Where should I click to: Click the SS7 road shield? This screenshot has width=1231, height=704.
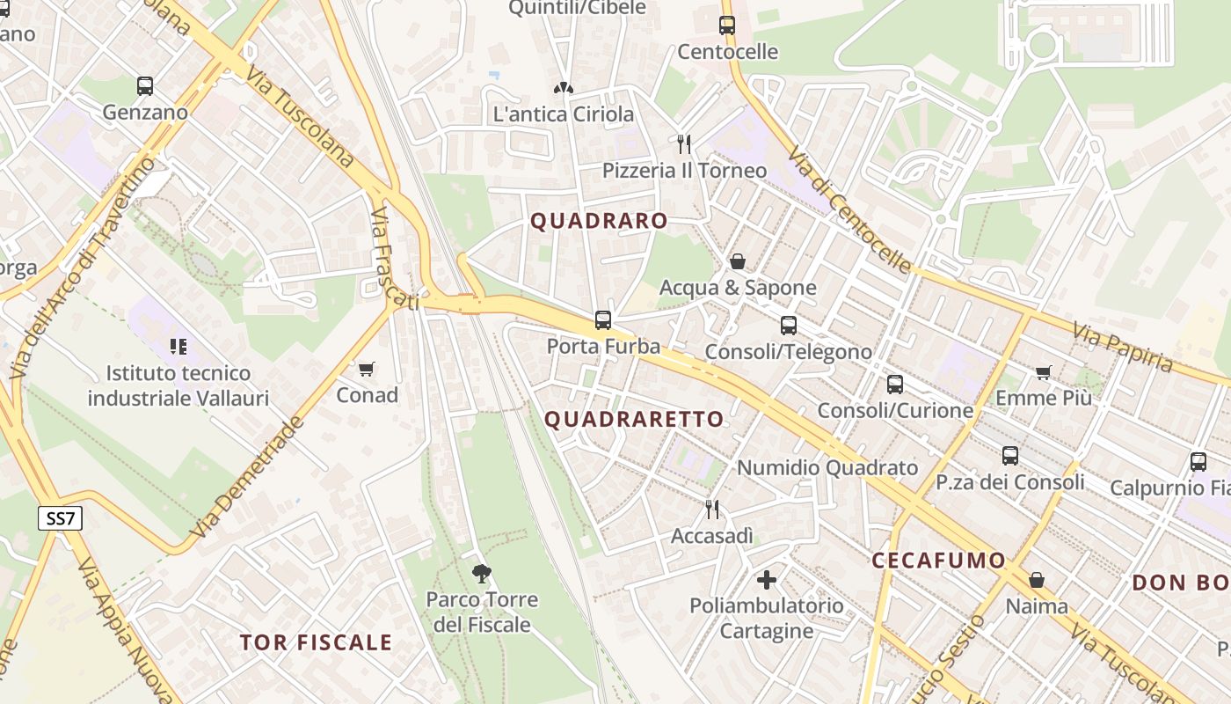tap(60, 518)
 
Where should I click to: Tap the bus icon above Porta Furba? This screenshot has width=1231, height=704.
tap(603, 319)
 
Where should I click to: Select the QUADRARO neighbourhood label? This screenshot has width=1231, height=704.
tap(599, 221)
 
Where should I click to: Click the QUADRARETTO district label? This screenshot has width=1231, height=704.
tap(634, 419)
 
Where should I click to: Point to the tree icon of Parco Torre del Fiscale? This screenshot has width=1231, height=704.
tap(481, 574)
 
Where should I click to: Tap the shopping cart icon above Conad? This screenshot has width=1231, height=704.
tap(367, 369)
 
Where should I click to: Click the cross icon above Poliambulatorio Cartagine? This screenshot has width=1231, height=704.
tap(767, 580)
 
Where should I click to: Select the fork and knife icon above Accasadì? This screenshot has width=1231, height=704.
tap(712, 509)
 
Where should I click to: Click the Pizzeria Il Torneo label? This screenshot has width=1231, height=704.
tap(684, 170)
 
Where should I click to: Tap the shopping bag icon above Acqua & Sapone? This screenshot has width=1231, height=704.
tap(738, 261)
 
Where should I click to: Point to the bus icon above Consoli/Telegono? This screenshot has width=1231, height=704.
tap(789, 325)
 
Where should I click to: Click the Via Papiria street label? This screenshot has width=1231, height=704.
tap(1122, 347)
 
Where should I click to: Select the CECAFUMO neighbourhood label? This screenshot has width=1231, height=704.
tap(938, 561)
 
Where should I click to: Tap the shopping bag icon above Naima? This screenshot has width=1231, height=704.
tap(1037, 580)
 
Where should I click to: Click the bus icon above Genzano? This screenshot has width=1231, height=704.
tap(145, 86)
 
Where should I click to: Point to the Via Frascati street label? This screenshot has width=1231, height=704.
tap(392, 260)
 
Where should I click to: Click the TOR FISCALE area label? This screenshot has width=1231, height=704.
tap(316, 642)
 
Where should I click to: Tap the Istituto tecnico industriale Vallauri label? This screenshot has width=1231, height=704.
tap(178, 385)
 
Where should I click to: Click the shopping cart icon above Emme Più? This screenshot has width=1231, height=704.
tap(1044, 372)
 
